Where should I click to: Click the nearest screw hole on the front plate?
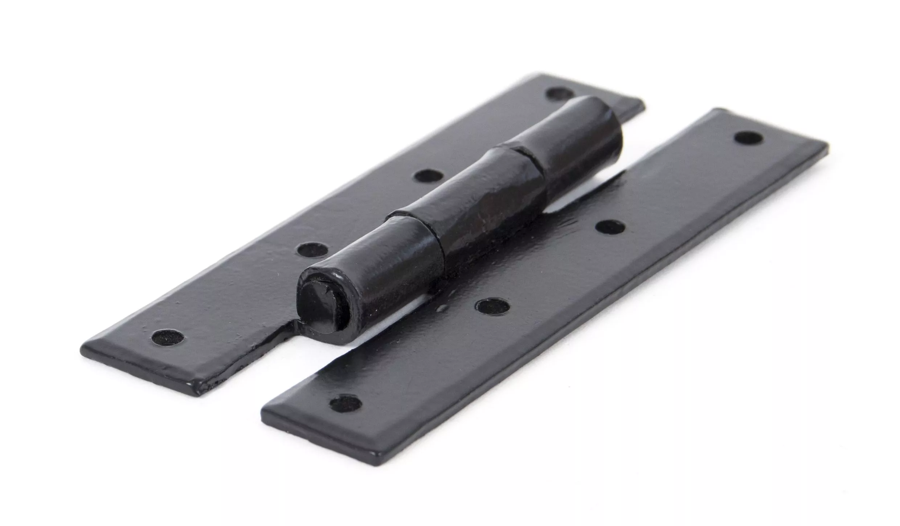[345, 402]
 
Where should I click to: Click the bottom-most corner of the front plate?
[379, 454]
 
